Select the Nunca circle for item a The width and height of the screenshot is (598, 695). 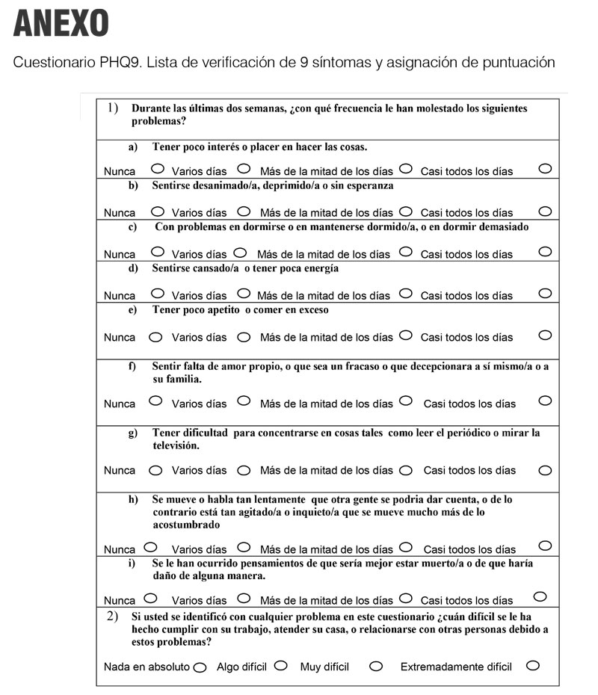(158, 169)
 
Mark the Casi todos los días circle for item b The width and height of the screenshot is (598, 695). (545, 211)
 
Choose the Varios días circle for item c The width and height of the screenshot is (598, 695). (240, 252)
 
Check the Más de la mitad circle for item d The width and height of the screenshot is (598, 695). (406, 293)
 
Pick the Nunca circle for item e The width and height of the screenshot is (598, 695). (155, 337)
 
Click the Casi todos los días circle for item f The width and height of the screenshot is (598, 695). (545, 401)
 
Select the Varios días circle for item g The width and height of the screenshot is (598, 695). (243, 471)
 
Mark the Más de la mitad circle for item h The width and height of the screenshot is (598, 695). (406, 547)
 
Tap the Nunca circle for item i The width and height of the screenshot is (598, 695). (150, 598)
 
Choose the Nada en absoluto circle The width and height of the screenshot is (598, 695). (200, 667)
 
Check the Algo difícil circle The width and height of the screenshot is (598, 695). (281, 665)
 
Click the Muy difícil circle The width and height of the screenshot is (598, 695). (376, 666)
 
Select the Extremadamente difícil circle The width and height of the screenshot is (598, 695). (532, 665)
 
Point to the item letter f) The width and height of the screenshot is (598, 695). (132, 366)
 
